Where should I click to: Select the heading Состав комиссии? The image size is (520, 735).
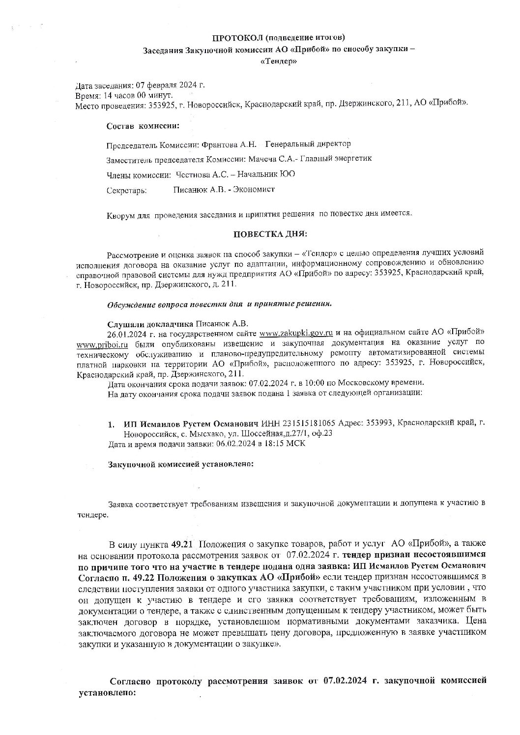(143, 126)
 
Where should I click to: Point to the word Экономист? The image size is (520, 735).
(255, 189)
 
